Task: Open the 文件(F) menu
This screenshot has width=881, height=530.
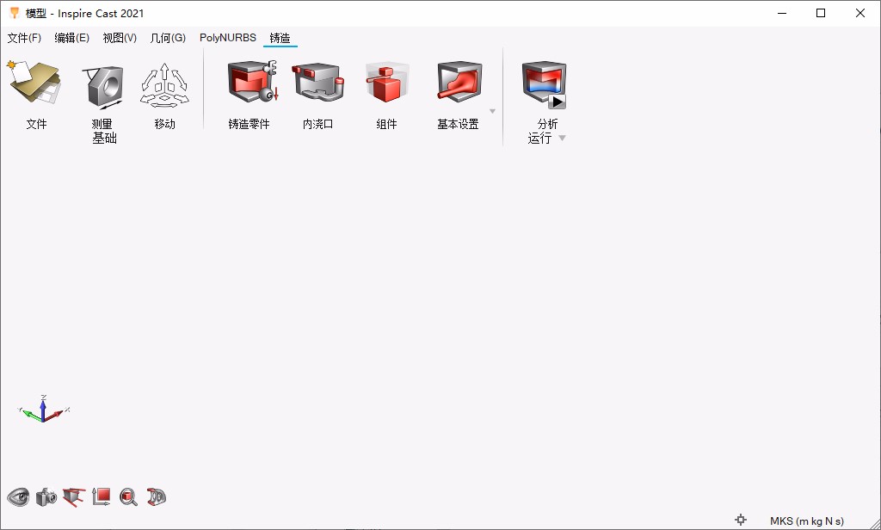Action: click(x=24, y=38)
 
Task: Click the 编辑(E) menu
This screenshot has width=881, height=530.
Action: click(x=72, y=38)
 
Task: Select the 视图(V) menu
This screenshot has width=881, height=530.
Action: click(x=120, y=38)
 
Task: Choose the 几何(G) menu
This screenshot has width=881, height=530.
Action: click(x=168, y=38)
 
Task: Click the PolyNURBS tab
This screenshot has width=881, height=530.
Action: click(x=227, y=38)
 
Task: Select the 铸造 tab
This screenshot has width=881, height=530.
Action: click(x=280, y=38)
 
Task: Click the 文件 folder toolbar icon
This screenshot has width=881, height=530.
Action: click(x=34, y=83)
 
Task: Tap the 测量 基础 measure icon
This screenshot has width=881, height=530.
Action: click(x=103, y=87)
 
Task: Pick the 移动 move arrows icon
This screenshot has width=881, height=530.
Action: click(x=164, y=85)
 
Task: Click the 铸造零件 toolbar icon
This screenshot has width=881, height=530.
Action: click(x=252, y=82)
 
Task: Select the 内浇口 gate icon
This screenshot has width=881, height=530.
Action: click(x=318, y=82)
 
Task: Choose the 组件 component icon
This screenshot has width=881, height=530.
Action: click(x=387, y=83)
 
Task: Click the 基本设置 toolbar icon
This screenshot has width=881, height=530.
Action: click(x=459, y=82)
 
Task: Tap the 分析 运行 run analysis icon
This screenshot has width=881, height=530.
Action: click(x=544, y=84)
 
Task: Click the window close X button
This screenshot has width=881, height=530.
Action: click(x=860, y=13)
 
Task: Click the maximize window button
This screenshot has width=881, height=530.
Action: click(x=821, y=13)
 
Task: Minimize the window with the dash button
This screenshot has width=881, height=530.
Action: click(x=782, y=14)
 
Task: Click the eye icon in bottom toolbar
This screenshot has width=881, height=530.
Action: click(x=19, y=496)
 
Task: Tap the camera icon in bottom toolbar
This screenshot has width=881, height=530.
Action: click(x=46, y=496)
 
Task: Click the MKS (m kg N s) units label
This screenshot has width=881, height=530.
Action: click(x=807, y=521)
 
